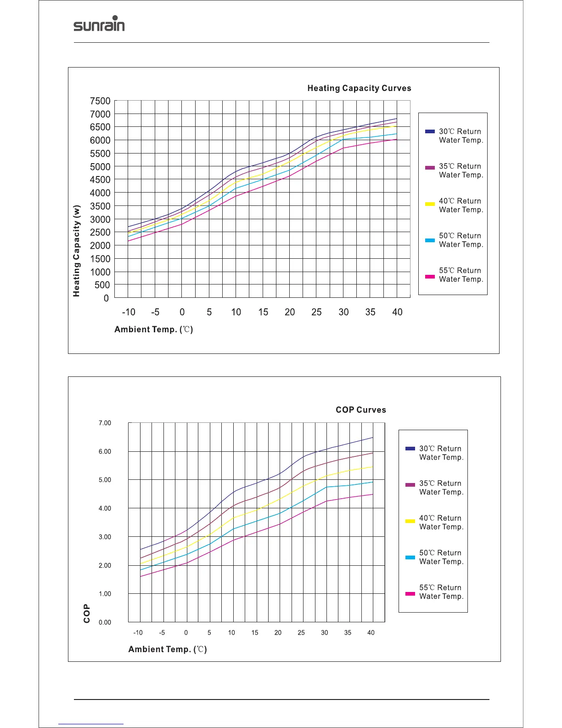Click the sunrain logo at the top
point(99,25)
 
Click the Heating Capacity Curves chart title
point(359,88)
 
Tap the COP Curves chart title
point(361,410)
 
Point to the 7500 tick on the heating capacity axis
point(100,101)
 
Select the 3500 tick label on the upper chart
point(100,206)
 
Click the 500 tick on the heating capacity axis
point(102,285)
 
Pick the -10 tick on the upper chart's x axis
point(129,313)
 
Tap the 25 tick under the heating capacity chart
point(316,313)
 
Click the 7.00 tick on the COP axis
point(105,423)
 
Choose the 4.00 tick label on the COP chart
point(105,509)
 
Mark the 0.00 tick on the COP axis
point(105,622)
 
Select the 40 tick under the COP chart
point(371,633)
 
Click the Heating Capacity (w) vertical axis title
point(77,251)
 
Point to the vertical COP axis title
point(87,614)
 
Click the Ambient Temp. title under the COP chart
point(168,649)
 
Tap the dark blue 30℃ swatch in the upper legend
point(430,131)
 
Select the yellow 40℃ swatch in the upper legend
point(430,204)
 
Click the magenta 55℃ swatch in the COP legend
point(410,594)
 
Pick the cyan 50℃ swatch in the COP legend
point(410,557)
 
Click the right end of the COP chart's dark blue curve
point(372,438)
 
